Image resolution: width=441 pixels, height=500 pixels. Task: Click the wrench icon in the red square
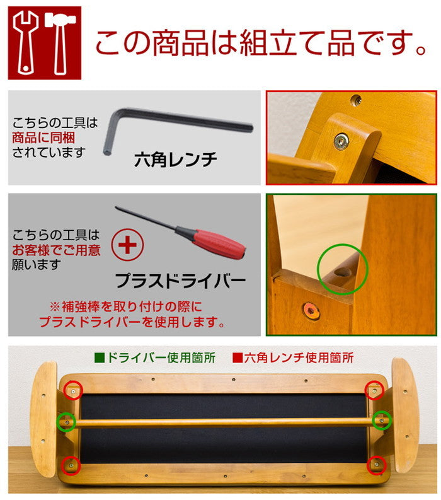pos(26,42)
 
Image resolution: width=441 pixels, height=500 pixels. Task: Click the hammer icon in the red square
pos(60,42)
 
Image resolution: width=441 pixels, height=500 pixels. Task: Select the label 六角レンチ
pos(175,160)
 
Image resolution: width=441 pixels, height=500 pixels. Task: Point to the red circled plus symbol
pos(128,245)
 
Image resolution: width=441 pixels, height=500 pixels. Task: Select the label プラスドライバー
pos(180,279)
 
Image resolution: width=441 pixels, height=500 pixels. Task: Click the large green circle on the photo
pos(342,269)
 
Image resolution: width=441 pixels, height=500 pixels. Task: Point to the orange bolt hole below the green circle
pos(311,310)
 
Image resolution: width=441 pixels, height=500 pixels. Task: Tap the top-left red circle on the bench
pos(74,391)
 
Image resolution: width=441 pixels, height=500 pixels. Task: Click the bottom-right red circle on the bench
pos(376,465)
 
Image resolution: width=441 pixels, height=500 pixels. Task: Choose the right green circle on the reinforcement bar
pos(382,421)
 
